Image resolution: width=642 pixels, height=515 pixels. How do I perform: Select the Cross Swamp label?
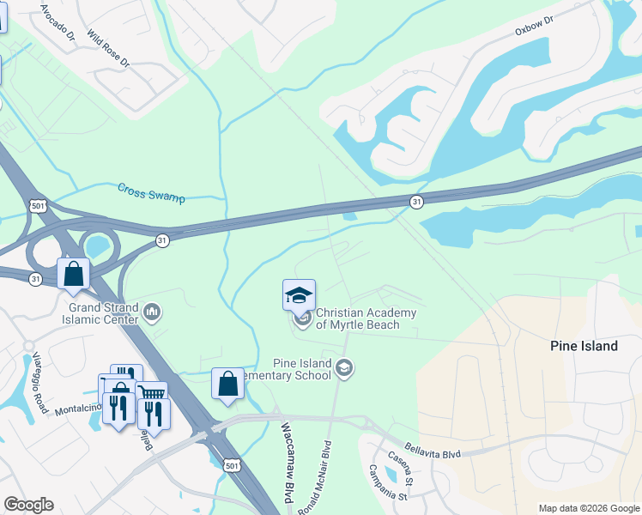coord(151,192)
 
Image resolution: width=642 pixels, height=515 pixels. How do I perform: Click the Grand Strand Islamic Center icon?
coord(152,311)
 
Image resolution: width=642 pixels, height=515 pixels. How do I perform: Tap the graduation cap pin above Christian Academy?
coord(299,295)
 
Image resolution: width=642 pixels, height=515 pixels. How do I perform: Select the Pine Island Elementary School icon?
coord(344,368)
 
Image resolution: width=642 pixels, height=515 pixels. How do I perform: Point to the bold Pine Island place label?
coord(584,346)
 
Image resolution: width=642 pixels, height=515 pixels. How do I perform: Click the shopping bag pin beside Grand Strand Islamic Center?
coord(74,274)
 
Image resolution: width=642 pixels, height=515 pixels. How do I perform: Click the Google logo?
coord(28,505)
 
